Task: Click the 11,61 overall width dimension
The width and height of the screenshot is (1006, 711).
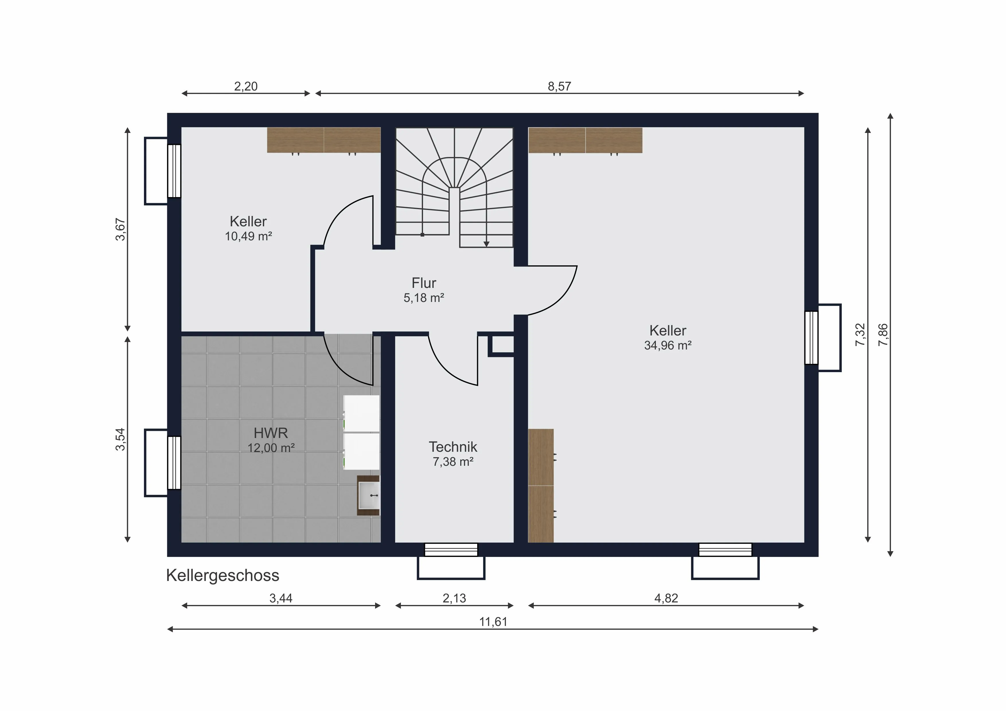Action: pos(493,622)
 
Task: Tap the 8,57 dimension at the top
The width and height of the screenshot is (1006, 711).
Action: pos(559,86)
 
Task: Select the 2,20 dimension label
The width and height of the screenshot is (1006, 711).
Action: pos(245,86)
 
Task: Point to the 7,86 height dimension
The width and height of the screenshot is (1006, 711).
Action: pos(883,335)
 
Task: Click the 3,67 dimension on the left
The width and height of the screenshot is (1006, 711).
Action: pos(120,229)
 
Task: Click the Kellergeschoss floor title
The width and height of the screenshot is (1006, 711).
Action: pos(223,575)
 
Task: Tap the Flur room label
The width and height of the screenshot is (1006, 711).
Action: pos(424,283)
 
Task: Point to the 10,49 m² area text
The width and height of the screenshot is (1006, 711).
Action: pos(248,236)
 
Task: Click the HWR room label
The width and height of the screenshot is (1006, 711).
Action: pos(271,433)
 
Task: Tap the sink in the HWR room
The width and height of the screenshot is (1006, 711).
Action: pos(369,495)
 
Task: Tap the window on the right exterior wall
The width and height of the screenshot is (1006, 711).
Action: pos(812,337)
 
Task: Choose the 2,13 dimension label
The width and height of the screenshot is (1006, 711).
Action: pos(454,598)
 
